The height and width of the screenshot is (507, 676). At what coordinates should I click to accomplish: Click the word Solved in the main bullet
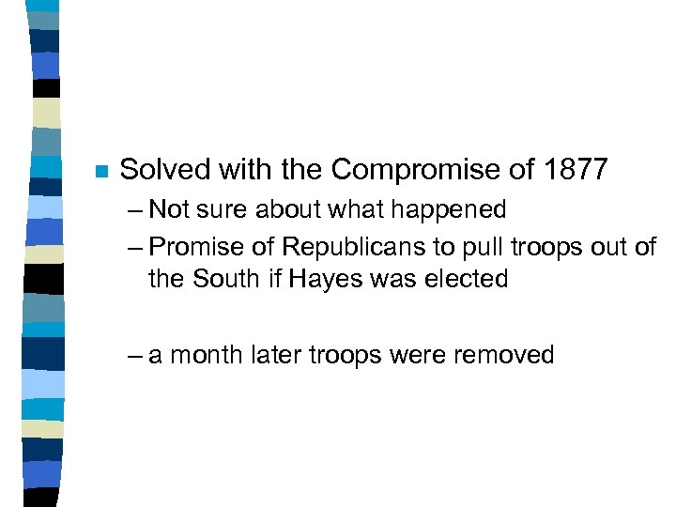coord(167,170)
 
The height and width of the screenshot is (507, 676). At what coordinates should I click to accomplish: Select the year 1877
coord(576,170)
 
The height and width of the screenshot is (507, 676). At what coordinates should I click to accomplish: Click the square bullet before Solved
coord(101,172)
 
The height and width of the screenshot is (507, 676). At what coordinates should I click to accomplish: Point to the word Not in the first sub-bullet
coord(169,208)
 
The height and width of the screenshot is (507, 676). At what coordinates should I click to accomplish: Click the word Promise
coord(195,247)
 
